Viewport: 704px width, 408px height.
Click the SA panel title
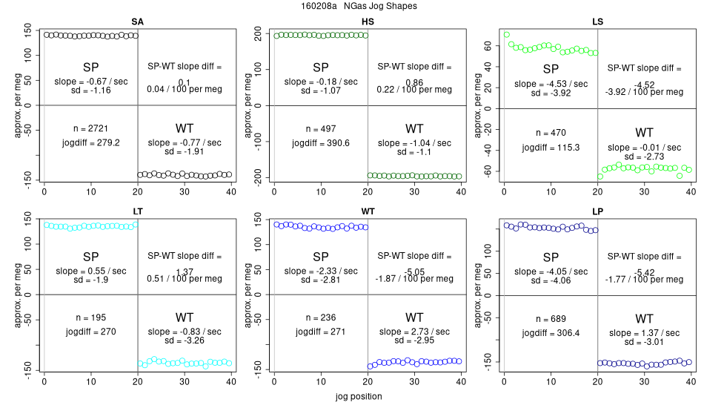click(x=138, y=22)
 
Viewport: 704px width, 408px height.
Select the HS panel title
click(x=368, y=22)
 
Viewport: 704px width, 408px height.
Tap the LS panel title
click(x=597, y=22)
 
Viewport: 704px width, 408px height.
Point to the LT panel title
click(x=138, y=211)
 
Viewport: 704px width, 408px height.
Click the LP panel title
click(x=597, y=211)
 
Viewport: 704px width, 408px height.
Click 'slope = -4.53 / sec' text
click(x=550, y=84)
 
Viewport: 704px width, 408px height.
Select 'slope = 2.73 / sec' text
click(x=414, y=332)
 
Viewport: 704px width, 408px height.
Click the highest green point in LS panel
click(x=506, y=34)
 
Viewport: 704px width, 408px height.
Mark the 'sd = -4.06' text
click(x=550, y=280)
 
